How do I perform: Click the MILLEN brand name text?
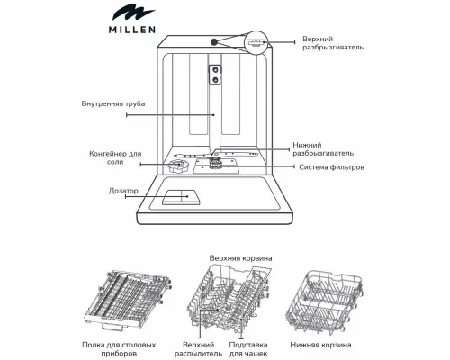tap(130, 28)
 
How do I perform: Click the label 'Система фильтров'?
tap(334, 168)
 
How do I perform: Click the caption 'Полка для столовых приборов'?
tap(131, 349)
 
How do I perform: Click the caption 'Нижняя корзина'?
tap(321, 344)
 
